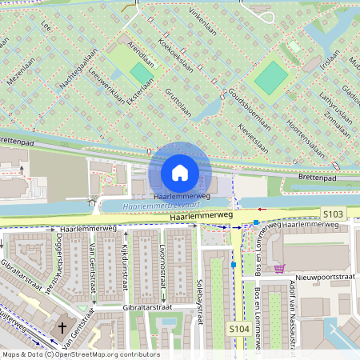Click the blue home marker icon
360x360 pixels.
[180, 171]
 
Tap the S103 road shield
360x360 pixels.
[334, 214]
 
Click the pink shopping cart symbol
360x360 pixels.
[279, 269]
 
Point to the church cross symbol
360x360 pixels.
[63, 329]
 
